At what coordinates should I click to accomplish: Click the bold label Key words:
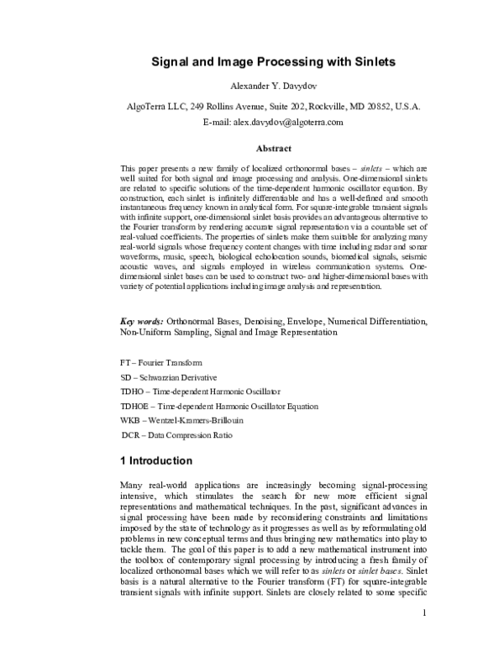[x=141, y=321]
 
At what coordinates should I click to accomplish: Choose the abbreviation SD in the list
[x=127, y=377]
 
